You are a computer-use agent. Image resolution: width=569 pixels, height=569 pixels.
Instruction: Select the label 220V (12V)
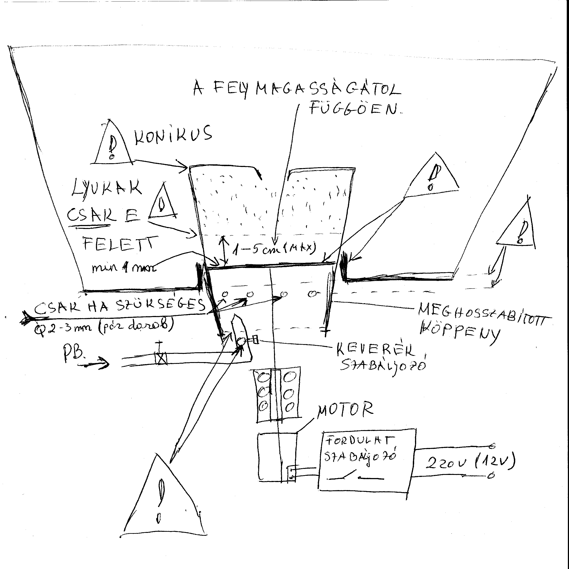coord(470,463)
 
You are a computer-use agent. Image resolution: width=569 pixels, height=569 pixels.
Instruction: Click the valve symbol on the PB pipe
coord(161,359)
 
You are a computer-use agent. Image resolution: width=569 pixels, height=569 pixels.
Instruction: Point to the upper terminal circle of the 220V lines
coord(492,446)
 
